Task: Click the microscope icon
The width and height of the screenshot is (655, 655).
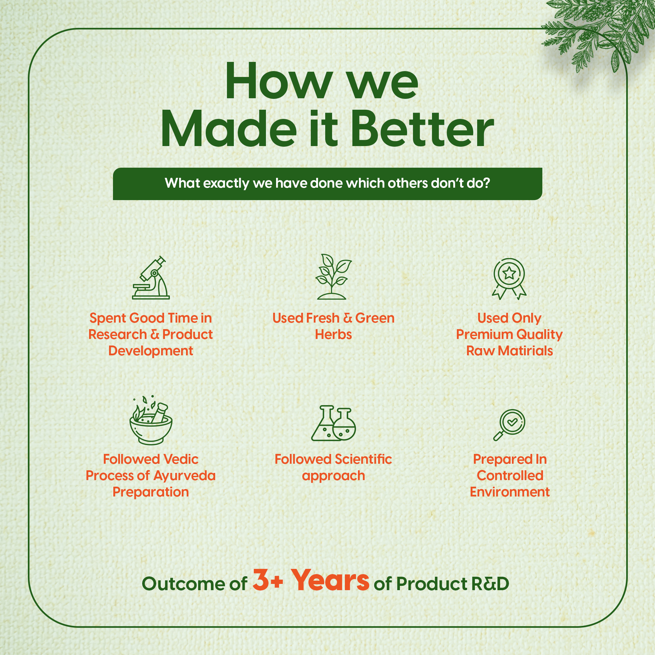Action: coord(151,278)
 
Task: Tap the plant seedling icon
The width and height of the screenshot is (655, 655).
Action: coord(333,277)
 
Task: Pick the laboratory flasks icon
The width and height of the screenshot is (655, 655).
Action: coord(333,423)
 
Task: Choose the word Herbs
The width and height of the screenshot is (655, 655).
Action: coord(333,335)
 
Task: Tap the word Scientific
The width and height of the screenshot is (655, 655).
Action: coord(363,459)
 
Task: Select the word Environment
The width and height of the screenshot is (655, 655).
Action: coord(510,492)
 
